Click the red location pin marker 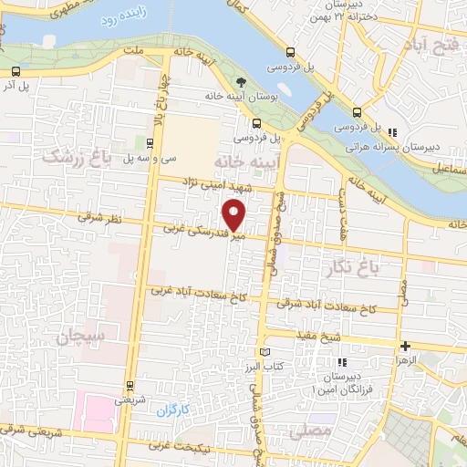235,216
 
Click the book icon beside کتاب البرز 266,352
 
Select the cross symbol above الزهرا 406,346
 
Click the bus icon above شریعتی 130,385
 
